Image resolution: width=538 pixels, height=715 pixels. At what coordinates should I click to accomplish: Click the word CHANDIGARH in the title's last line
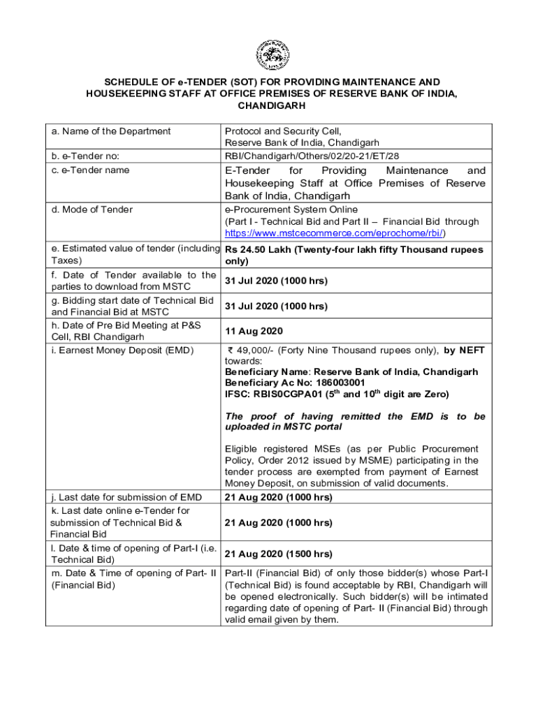(x=268, y=107)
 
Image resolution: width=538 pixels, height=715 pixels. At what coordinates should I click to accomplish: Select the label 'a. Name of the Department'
(x=111, y=131)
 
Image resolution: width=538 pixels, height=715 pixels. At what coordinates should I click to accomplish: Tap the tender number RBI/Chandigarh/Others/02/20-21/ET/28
(x=312, y=156)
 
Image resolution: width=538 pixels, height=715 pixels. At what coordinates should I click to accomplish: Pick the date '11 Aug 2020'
(x=252, y=332)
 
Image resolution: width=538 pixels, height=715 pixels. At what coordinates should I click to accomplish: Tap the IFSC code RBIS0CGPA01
(x=285, y=395)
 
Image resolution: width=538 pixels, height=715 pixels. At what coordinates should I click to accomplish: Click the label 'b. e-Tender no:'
(x=84, y=156)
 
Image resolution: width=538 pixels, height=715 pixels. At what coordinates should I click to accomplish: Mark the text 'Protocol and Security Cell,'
(x=283, y=131)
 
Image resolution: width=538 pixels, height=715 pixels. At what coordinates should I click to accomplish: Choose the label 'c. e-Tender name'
(x=90, y=170)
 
